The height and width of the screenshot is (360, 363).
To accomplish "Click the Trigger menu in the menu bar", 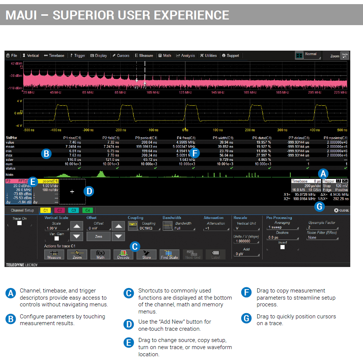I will pyautogui.click(x=78, y=55).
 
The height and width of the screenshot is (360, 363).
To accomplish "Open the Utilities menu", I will pyautogui.click(x=208, y=55).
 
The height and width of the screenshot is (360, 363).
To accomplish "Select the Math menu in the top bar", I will pyautogui.click(x=165, y=55).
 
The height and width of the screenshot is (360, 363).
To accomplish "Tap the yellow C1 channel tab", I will pyautogui.click(x=45, y=210).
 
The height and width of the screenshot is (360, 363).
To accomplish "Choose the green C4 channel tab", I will pyautogui.click(x=87, y=210).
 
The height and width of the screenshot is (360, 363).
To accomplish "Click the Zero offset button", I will pyautogui.click(x=98, y=236).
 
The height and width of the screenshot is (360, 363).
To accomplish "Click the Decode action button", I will pyautogui.click(x=123, y=255).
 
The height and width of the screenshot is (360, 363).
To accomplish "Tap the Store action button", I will pyautogui.click(x=146, y=255).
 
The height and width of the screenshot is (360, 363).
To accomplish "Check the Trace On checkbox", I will pyautogui.click(x=19, y=223).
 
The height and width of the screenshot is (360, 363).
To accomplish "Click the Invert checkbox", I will pyautogui.click(x=282, y=247).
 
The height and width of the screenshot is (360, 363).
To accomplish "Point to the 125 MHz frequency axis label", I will pyautogui.click(x=185, y=92).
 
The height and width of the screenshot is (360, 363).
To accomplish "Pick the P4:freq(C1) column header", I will pyautogui.click(x=186, y=138).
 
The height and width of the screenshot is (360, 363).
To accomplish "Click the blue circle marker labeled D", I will pyautogui.click(x=89, y=191).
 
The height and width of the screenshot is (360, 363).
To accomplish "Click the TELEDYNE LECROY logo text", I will pyautogui.click(x=21, y=265).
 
